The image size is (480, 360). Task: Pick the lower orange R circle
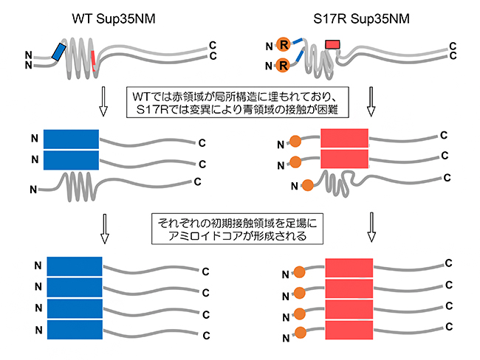point(283,68)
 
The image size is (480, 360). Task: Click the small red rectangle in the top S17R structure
point(332,45)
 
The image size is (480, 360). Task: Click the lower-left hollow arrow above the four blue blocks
point(103,229)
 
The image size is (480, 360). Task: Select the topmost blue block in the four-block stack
point(74,266)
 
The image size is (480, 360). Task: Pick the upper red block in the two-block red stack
point(343,139)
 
